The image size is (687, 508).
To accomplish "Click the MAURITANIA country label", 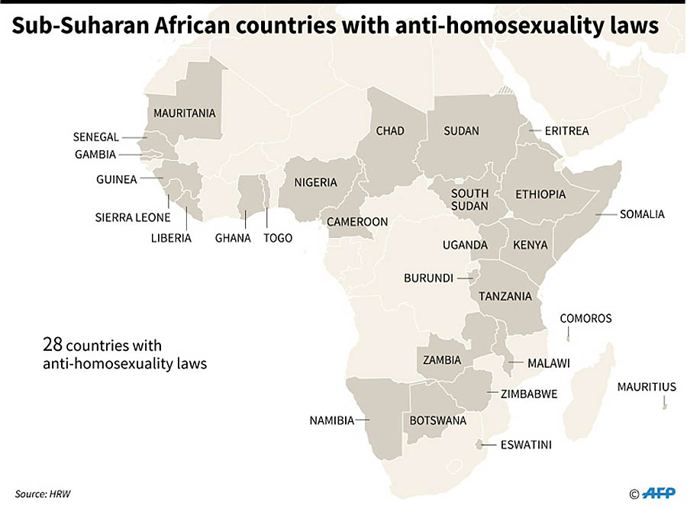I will coord(185,114).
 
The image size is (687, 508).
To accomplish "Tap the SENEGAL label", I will coord(96,137).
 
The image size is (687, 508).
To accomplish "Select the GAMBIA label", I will coord(95,154).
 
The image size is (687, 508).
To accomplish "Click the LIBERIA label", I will coord(171,238).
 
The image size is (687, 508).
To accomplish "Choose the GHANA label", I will coord(233,238).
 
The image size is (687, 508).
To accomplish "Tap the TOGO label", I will coord(278,238).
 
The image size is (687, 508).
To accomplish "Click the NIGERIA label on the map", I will coord(316,182).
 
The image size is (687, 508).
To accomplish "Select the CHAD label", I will coord(390,131).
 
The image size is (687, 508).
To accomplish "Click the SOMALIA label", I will coord(642,214).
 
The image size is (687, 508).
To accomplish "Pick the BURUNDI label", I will coord(429,278).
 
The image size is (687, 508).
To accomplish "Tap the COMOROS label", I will coord(586,318).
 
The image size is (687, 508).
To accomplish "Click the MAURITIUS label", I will coord(647,387).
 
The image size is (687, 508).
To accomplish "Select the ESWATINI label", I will coord(526,445).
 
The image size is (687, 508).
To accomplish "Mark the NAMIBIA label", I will coord(331,420).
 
